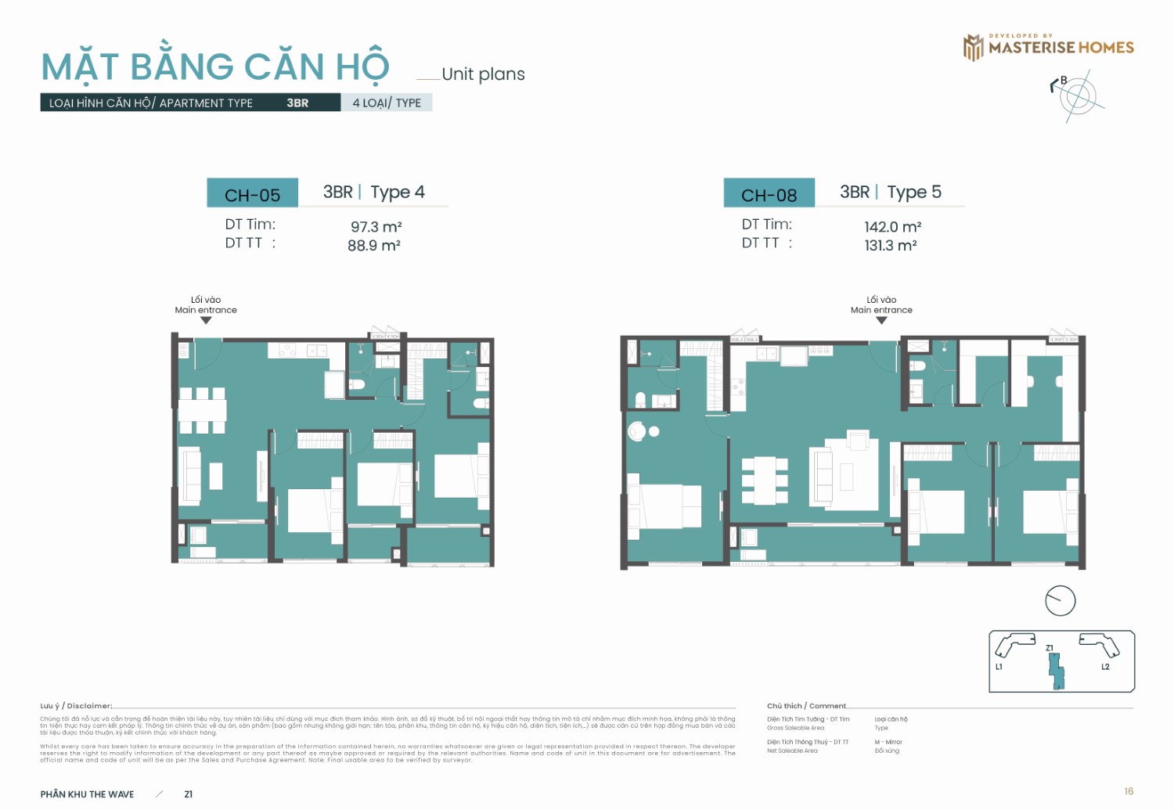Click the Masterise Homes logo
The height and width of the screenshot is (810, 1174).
pos(1048,47)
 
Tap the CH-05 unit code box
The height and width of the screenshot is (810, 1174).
pos(252,194)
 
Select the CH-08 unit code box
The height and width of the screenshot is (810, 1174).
pos(769,194)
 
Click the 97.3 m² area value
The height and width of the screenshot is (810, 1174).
pos(376,227)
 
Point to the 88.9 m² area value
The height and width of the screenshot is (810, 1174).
pos(374,246)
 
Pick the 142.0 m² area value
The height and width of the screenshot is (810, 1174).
pos(892,227)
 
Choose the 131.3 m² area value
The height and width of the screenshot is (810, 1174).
pos(890,246)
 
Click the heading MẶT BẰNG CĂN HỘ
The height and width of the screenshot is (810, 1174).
pos(215,67)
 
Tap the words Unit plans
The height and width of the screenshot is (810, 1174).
pos(483,74)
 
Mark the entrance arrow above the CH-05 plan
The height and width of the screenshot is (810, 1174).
pos(206,320)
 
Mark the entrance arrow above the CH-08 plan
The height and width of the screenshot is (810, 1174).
pos(881,320)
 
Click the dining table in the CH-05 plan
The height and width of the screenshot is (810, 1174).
pos(203,410)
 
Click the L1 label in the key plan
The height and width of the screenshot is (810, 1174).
pos(999,667)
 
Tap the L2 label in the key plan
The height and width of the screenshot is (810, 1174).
pos(1105,667)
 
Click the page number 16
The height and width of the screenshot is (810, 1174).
pos(1128,791)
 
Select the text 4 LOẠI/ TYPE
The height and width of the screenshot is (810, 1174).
pos(387,103)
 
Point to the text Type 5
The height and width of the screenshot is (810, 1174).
pos(913,192)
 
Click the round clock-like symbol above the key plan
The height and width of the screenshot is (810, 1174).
pos(1061,600)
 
